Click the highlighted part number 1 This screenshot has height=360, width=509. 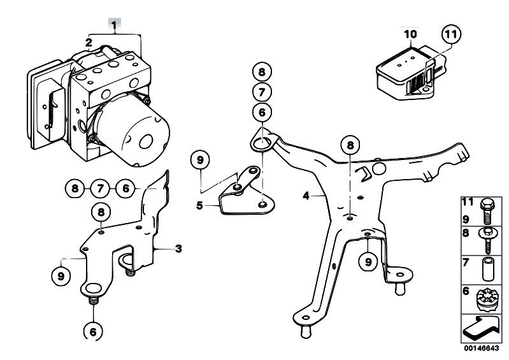(114, 24)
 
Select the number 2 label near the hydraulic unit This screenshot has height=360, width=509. (89, 42)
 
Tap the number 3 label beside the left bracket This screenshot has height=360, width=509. (178, 249)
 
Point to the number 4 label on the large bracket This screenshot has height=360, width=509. (306, 196)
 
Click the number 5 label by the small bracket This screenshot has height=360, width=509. (199, 205)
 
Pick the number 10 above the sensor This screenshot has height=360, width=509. (411, 34)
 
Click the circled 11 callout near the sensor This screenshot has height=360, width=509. (451, 34)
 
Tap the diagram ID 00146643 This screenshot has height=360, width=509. (481, 349)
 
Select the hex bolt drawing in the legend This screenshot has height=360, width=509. (487, 212)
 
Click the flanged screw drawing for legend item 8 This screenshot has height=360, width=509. (487, 240)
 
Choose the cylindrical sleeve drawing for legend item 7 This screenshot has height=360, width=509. (487, 269)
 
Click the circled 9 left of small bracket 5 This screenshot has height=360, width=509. (200, 160)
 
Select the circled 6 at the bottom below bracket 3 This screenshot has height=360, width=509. (93, 331)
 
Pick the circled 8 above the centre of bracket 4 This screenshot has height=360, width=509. (350, 145)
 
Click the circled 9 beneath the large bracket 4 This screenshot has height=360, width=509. (368, 262)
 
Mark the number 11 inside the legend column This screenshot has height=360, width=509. (468, 202)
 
